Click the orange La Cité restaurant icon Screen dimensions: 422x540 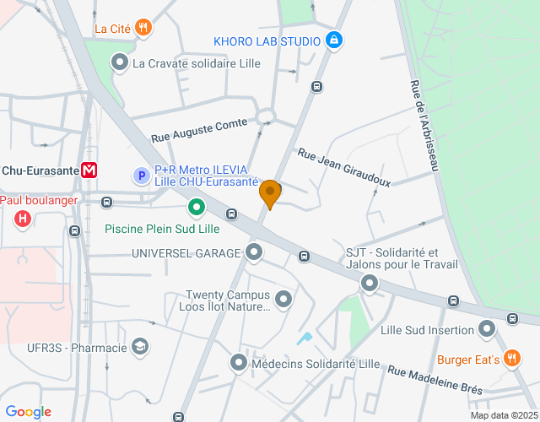tap(144, 28)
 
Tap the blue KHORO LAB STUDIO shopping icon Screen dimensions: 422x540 tap(334, 40)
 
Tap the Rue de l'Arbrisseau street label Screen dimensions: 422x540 tap(425, 127)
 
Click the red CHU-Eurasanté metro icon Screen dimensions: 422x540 tap(89, 170)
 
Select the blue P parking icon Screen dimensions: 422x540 tap(142, 176)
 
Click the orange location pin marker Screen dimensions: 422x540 tap(270, 193)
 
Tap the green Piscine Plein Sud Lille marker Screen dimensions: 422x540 tap(196, 206)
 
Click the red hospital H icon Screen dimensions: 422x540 tap(23, 219)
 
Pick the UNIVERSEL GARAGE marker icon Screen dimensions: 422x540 tap(254, 252)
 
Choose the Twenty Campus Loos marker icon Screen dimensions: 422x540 tap(283, 299)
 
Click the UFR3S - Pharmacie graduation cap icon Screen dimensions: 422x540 tap(140, 347)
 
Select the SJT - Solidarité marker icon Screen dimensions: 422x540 tap(370, 284)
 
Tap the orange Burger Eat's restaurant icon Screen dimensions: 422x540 tap(510, 358)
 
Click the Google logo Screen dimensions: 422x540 tap(28, 412)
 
